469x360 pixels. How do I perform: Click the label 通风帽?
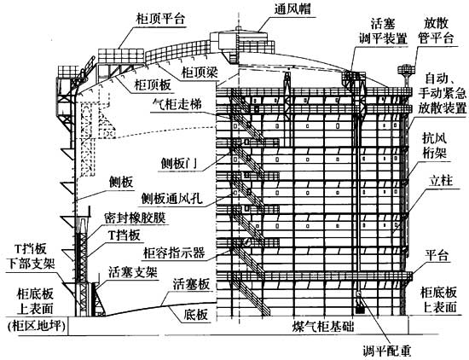[292, 9]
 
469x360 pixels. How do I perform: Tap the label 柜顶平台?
[160, 19]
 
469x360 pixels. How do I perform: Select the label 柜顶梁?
[200, 73]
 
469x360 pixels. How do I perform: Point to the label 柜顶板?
[153, 84]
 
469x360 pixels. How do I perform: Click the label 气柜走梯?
[177, 104]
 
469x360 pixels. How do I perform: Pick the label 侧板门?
[179, 164]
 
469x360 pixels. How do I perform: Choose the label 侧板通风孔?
[171, 198]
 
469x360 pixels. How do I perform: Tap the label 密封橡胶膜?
[136, 218]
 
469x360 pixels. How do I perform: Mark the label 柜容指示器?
[174, 253]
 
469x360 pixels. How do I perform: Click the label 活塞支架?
[133, 272]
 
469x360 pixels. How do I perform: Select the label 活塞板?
[191, 284]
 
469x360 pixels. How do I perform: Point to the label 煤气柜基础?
[322, 327]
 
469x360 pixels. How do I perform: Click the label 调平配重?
[387, 351]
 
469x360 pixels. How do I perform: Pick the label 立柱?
[441, 181]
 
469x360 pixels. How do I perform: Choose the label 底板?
[195, 315]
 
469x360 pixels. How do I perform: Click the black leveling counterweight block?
[360, 310]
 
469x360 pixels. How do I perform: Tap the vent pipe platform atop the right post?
[406, 69]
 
